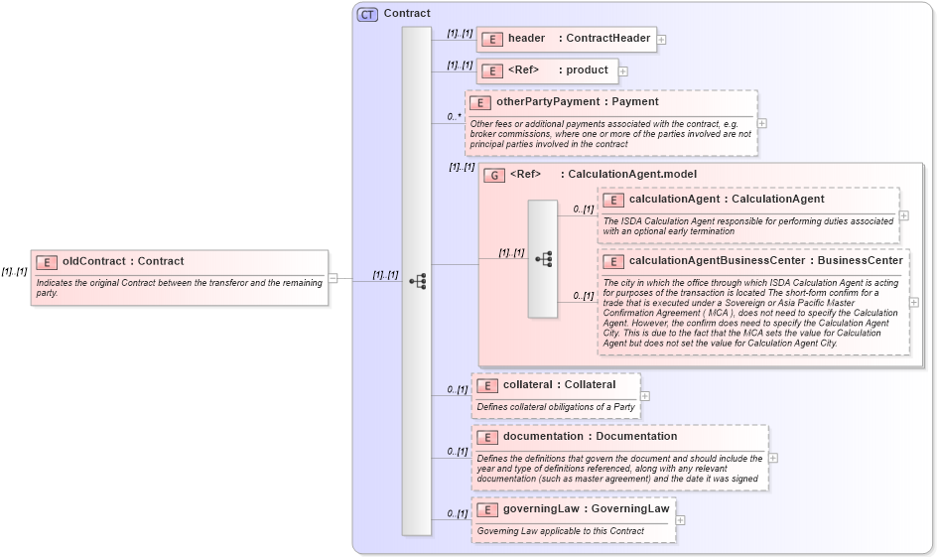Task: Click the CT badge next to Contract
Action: click(x=367, y=14)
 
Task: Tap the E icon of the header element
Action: click(x=491, y=40)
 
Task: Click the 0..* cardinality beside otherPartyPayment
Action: click(x=454, y=117)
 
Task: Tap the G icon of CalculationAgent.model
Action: click(x=493, y=175)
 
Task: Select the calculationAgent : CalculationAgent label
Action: click(x=727, y=200)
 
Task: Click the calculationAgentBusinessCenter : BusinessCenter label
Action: click(x=765, y=261)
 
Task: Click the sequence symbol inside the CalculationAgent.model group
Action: click(x=543, y=259)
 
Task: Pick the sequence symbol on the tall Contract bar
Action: click(x=417, y=281)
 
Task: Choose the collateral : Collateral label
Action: click(x=559, y=384)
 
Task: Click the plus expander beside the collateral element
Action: click(x=645, y=395)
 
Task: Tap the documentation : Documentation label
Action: click(x=590, y=436)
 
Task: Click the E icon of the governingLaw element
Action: click(x=486, y=510)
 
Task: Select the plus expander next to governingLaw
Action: click(x=681, y=519)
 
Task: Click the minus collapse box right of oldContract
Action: click(x=334, y=278)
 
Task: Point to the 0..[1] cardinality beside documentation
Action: click(x=457, y=452)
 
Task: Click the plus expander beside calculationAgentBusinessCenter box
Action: click(x=914, y=302)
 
